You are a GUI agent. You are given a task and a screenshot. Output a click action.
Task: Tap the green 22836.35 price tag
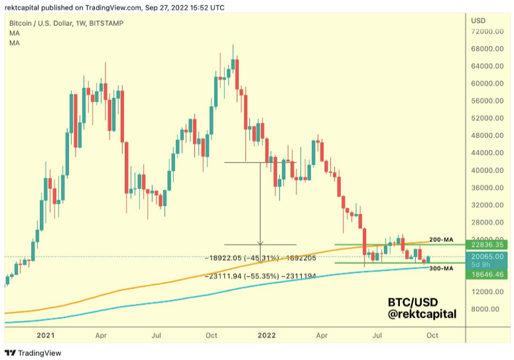pos(488,245)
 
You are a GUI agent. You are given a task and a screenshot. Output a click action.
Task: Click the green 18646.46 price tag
pos(488,274)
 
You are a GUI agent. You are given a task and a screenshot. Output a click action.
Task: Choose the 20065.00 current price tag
pos(488,255)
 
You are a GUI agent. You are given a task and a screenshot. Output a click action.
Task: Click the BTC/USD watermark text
pos(412,302)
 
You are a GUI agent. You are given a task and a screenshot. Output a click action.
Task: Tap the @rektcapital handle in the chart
pos(422,314)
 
